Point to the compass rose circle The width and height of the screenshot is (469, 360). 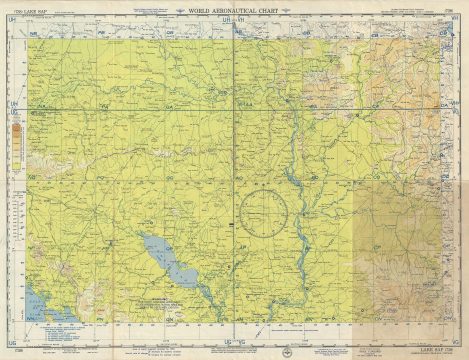coord(263,212)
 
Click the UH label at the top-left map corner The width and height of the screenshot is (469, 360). coord(15,29)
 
